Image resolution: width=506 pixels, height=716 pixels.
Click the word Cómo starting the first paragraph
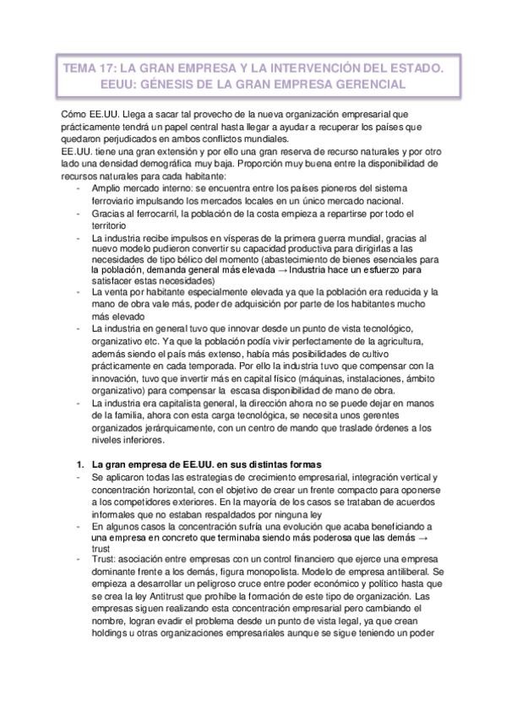(x=74, y=114)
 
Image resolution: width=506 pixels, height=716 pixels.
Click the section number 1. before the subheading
(x=80, y=464)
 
